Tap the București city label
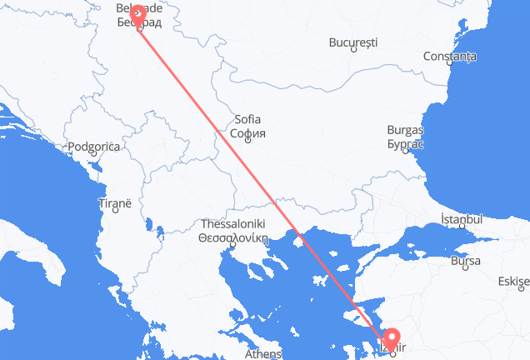(x=353, y=41)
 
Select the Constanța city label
(x=449, y=56)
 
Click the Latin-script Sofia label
(x=247, y=120)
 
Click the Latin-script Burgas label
(x=405, y=131)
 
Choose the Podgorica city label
(x=94, y=147)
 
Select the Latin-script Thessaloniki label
(x=231, y=224)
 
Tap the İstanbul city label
(x=461, y=219)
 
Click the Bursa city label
(x=464, y=262)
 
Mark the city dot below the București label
(x=353, y=49)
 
